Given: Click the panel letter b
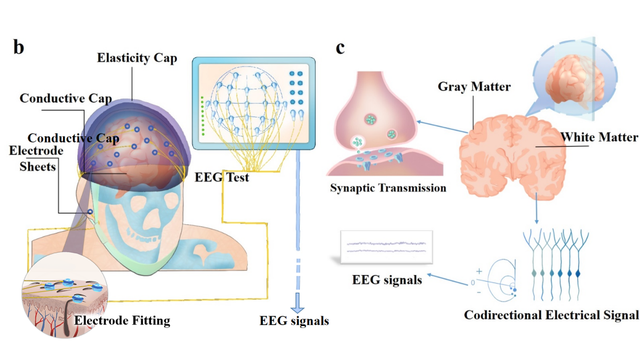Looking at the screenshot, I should pyautogui.click(x=18, y=47).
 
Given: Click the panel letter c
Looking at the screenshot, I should pyautogui.click(x=340, y=47).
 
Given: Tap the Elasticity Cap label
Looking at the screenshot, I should pyautogui.click(x=137, y=59).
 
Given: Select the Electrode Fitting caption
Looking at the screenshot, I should pyautogui.click(x=121, y=321).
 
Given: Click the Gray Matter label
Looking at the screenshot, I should pyautogui.click(x=474, y=87).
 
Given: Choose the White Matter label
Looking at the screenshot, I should pyautogui.click(x=598, y=137).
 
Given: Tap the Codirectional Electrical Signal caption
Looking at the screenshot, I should pyautogui.click(x=551, y=315).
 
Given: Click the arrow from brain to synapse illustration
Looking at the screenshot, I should pyautogui.click(x=441, y=126).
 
